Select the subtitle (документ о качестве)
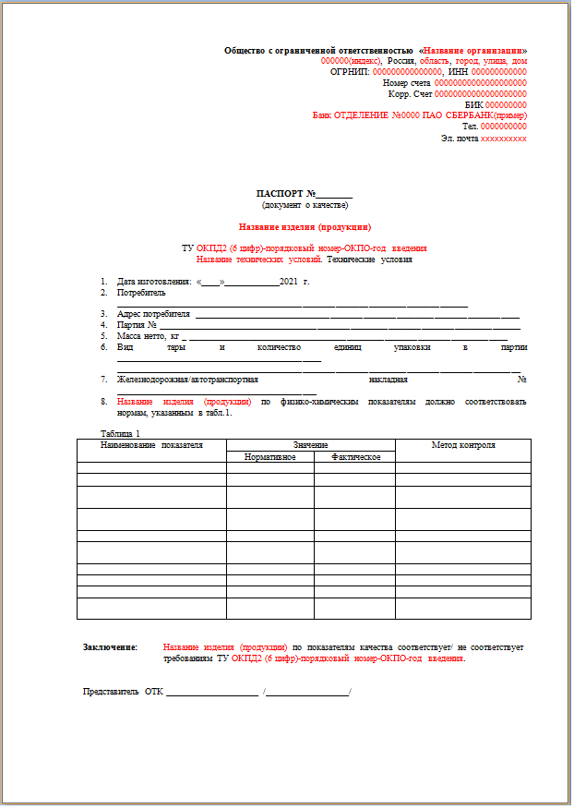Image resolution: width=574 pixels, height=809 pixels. pos(305,204)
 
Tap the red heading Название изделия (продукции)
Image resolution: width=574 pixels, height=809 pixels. pos(305,225)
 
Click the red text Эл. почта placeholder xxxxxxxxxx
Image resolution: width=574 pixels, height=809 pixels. pos(504,138)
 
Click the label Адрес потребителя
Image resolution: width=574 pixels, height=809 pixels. pos(153,314)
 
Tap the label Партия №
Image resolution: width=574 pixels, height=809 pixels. pos(138,325)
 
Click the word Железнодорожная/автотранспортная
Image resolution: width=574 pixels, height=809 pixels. pos(187,379)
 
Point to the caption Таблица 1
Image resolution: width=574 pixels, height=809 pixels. pos(120,433)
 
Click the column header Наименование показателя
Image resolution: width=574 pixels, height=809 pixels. pos(151,445)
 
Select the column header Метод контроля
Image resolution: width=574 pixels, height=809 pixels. pos(463,445)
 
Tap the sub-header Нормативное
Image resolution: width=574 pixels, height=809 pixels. pos(270,457)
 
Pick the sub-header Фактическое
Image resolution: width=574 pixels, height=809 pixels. pos(354,457)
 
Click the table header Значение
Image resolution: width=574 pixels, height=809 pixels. pos(311,444)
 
